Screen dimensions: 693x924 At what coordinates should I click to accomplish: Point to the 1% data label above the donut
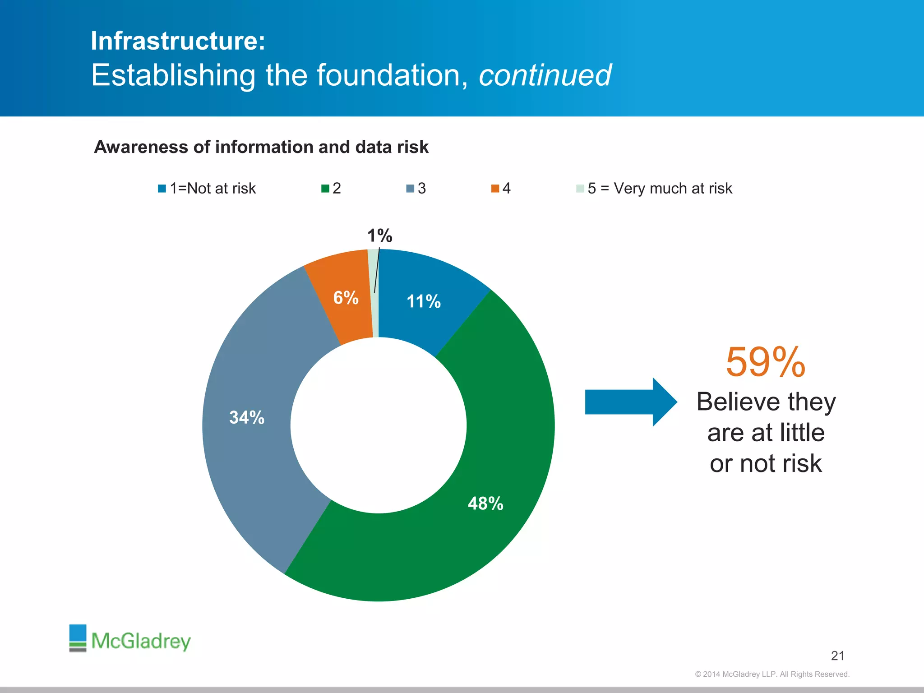379,236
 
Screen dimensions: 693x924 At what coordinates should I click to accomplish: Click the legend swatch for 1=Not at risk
162,189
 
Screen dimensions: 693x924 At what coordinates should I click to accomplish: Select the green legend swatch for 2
325,189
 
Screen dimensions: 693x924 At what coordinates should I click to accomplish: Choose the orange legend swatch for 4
495,189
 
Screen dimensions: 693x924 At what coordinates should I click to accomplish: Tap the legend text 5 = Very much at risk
660,189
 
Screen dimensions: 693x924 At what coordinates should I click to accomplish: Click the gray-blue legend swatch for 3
410,189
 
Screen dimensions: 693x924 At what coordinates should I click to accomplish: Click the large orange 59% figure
765,362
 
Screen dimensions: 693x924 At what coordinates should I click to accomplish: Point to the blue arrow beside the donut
629,402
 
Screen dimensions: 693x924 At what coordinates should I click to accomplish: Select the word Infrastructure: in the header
178,41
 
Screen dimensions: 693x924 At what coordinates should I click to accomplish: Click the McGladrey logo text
141,641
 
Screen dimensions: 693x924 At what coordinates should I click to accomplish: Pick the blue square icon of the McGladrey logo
78,633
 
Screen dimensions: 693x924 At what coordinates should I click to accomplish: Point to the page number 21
837,656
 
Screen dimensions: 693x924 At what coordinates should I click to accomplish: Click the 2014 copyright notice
772,674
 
